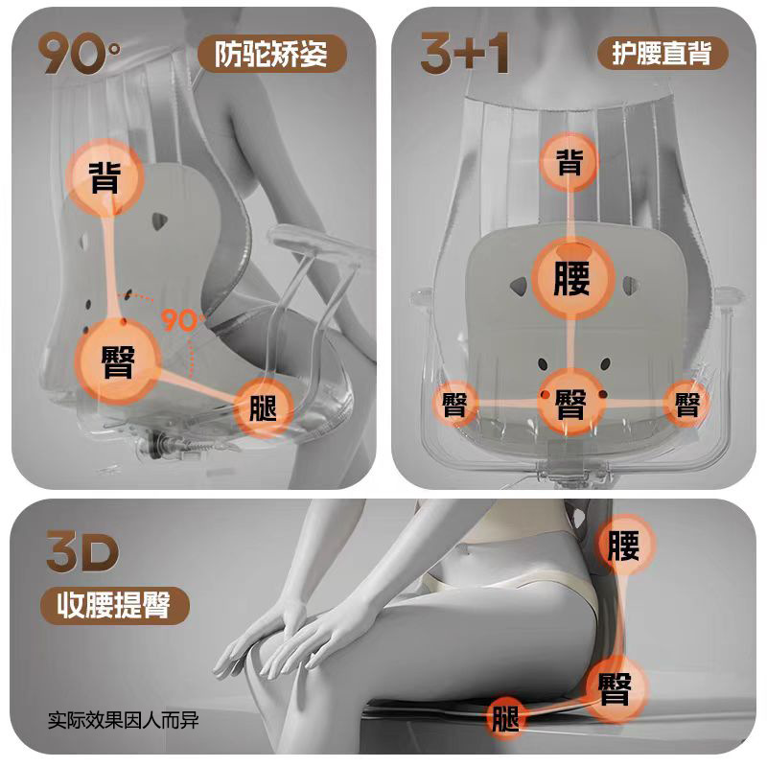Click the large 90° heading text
(x=80, y=55)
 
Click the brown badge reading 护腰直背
(x=662, y=54)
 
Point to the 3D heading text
(x=82, y=553)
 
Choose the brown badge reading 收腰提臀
(x=115, y=606)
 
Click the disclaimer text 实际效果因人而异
(x=125, y=718)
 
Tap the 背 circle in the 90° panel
(x=105, y=178)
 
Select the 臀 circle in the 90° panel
(x=118, y=359)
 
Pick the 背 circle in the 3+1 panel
(x=570, y=161)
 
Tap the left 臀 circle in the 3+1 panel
(x=455, y=404)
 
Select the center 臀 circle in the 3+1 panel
(x=570, y=404)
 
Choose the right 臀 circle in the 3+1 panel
(x=686, y=404)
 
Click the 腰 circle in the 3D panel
(x=622, y=546)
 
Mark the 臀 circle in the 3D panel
(x=613, y=686)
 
